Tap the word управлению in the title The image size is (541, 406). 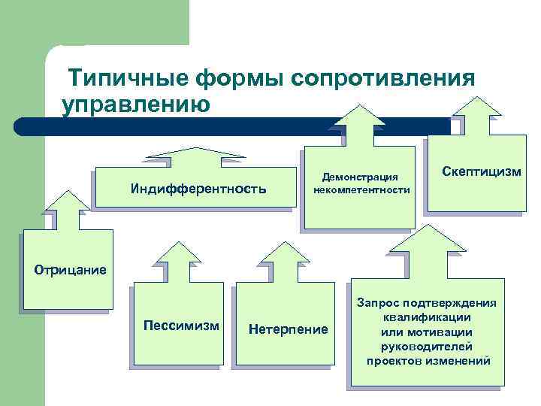tap(135, 103)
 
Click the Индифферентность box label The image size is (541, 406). tap(198, 188)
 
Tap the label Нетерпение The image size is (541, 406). tap(288, 329)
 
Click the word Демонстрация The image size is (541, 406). tap(360, 177)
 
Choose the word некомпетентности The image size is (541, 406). tap(360, 189)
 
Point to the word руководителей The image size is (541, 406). tap(428, 347)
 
